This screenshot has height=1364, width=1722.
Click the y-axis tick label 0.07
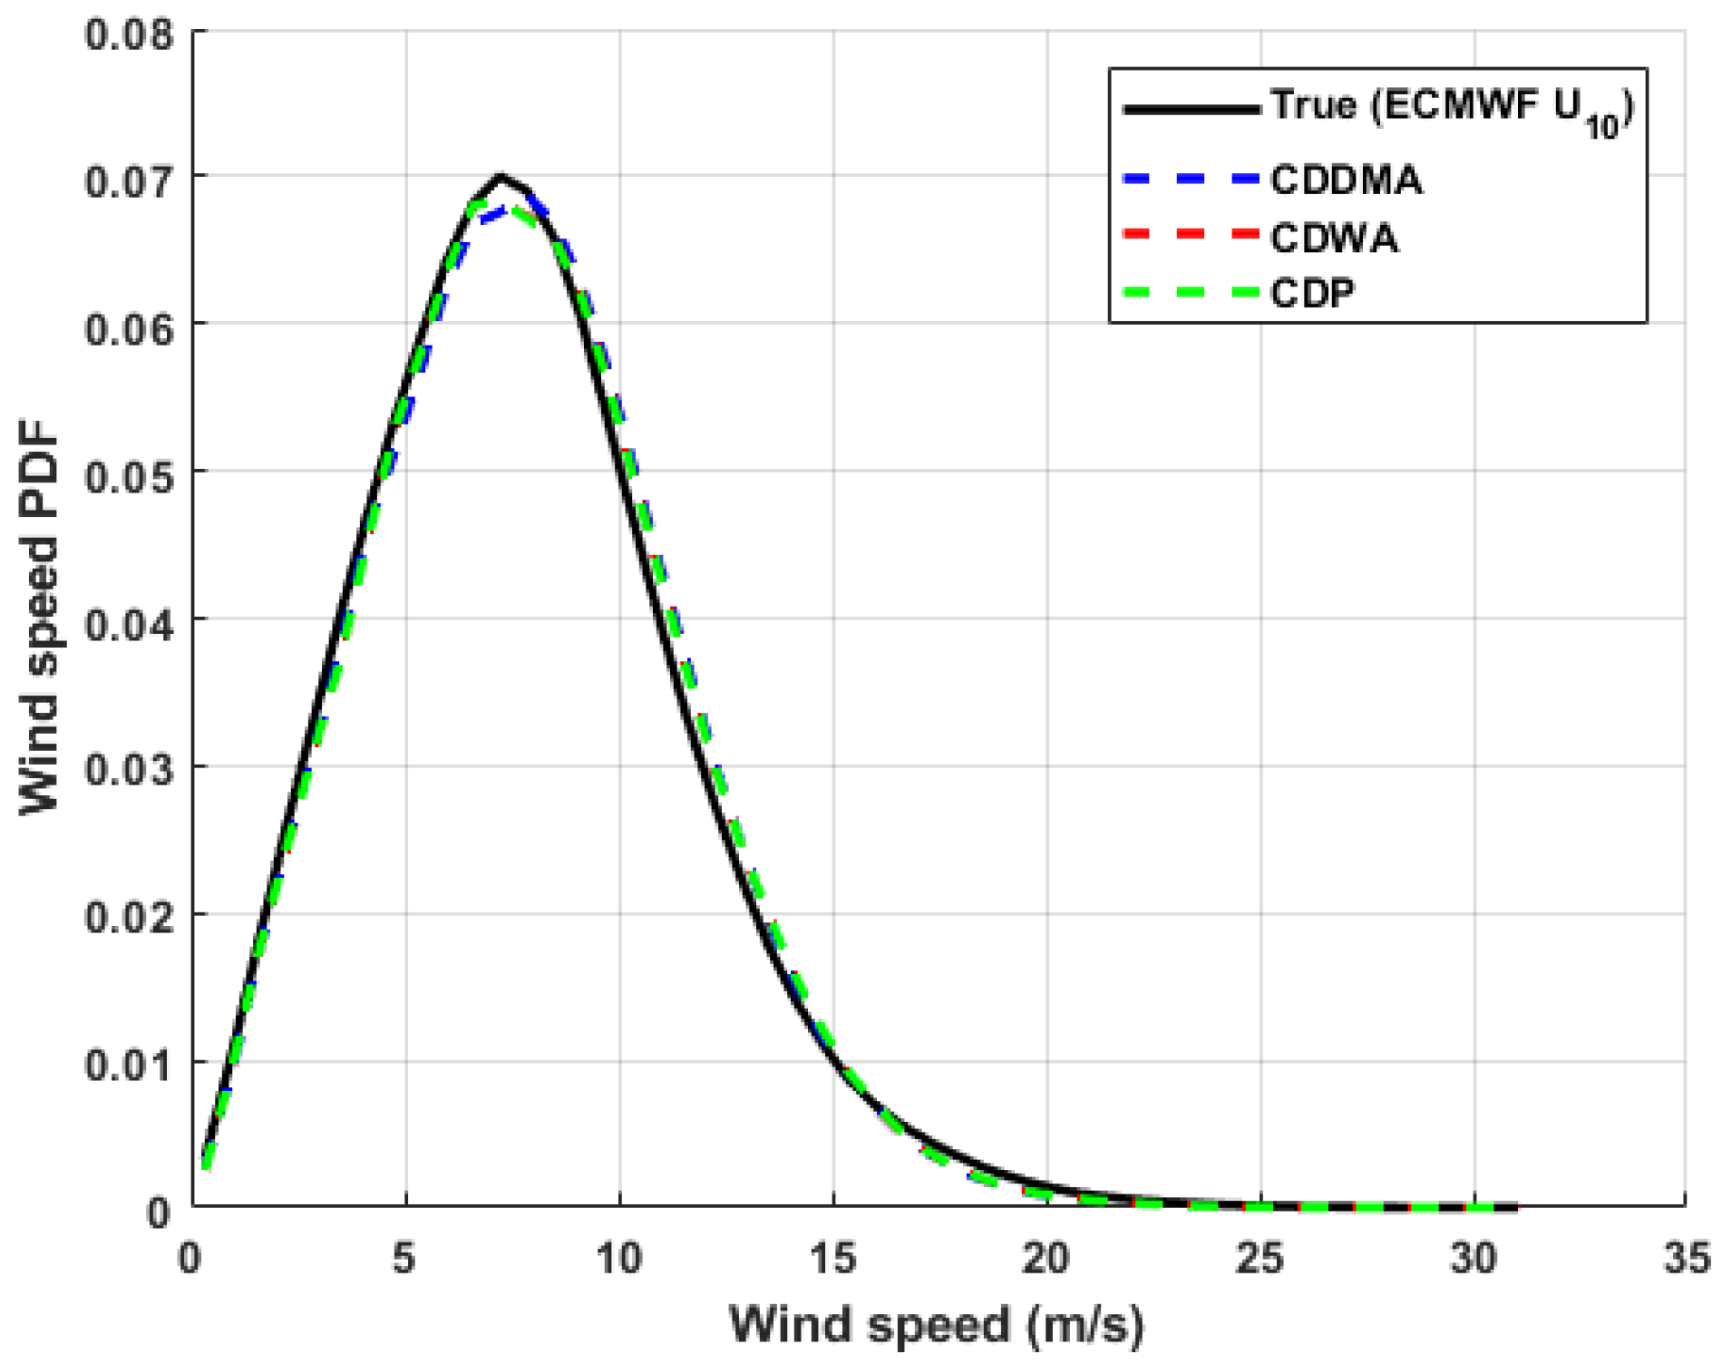pyautogui.click(x=128, y=181)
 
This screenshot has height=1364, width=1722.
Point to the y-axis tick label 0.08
pyautogui.click(x=128, y=35)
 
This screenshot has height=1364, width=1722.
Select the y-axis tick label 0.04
pyautogui.click(x=128, y=625)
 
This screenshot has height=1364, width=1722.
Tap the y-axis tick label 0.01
pyautogui.click(x=128, y=1066)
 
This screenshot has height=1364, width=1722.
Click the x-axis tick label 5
pyautogui.click(x=404, y=1259)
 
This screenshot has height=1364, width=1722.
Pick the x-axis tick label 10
pyautogui.click(x=618, y=1259)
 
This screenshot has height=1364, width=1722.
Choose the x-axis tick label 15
pyautogui.click(x=832, y=1259)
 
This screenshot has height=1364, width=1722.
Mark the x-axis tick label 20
pyautogui.click(x=1046, y=1259)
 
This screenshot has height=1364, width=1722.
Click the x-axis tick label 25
pyautogui.click(x=1260, y=1259)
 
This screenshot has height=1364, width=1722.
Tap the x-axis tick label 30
pyautogui.click(x=1474, y=1259)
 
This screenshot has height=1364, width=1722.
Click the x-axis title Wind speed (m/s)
pyautogui.click(x=938, y=1325)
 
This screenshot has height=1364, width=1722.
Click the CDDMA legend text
pyautogui.click(x=1346, y=180)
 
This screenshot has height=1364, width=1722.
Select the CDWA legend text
pyautogui.click(x=1334, y=239)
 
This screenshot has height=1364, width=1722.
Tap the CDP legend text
pyautogui.click(x=1312, y=293)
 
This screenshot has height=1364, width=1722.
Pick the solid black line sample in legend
pyautogui.click(x=1191, y=110)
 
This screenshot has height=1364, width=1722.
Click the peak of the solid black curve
pyautogui.click(x=500, y=176)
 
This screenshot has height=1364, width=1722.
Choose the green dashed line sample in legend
pyautogui.click(x=1191, y=293)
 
